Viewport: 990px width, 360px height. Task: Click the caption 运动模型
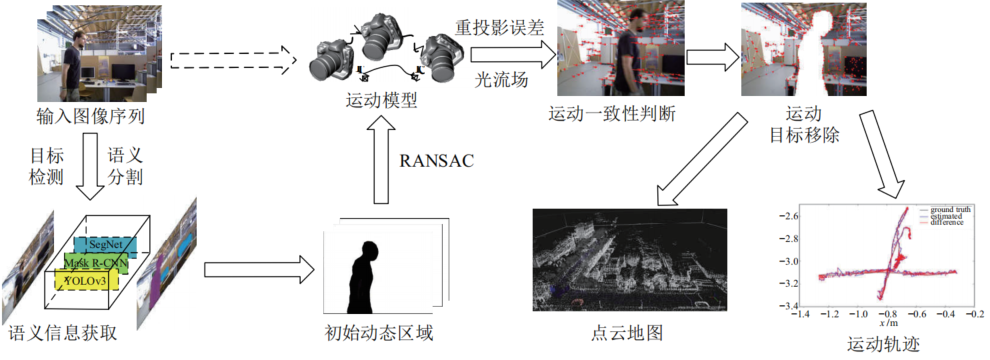point(381,101)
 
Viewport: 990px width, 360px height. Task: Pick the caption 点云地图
point(620,333)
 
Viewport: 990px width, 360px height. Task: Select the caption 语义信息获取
point(62,333)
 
